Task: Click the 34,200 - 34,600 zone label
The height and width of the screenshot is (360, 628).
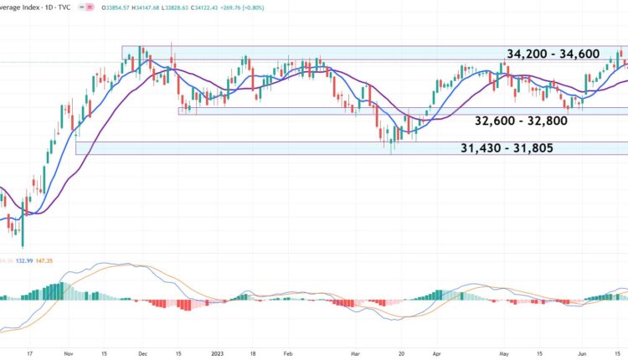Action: [553, 54]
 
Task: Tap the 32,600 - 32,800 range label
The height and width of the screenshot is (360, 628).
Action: [521, 121]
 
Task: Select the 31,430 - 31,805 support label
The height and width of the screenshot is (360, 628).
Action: [506, 148]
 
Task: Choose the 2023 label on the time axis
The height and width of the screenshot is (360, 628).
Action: [216, 353]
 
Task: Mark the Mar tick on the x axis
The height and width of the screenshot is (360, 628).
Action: [357, 353]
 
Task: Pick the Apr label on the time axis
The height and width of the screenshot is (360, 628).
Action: [436, 353]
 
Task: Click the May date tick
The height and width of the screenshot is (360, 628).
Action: [504, 353]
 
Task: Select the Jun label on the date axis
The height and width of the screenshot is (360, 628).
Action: [583, 353]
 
